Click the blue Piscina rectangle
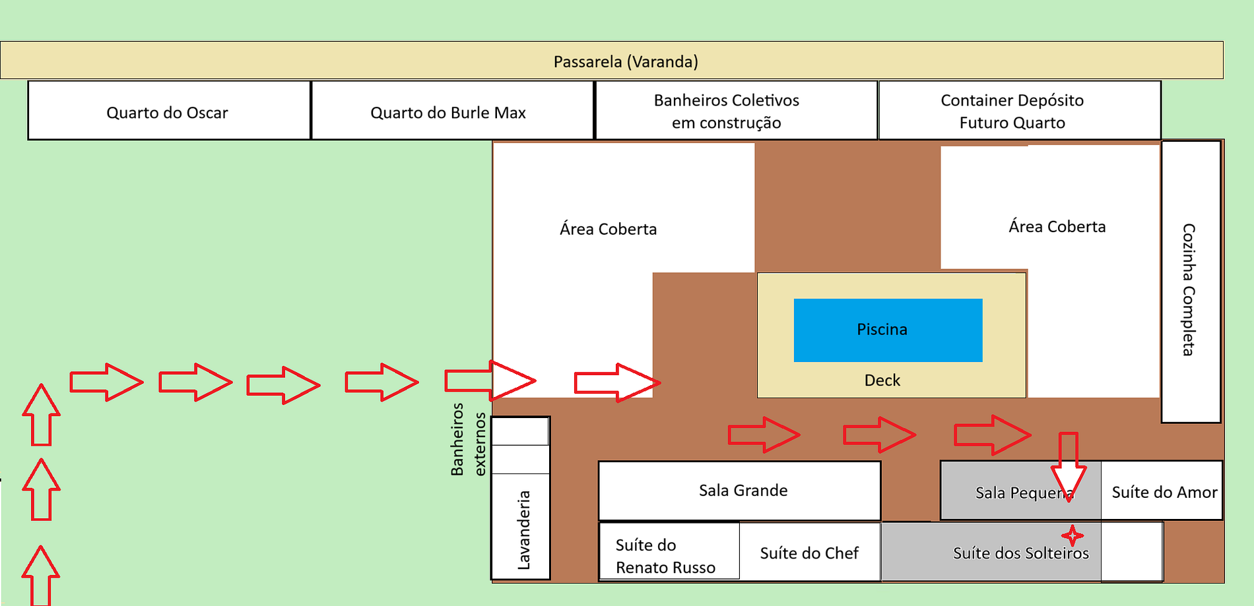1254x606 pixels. [888, 330]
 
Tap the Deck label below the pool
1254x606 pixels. [882, 380]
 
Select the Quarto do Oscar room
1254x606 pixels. [168, 112]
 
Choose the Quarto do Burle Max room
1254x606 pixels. [449, 112]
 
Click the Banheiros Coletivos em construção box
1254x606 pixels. [727, 111]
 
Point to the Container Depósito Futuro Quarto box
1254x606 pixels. [1012, 111]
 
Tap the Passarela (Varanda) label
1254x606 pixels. [626, 61]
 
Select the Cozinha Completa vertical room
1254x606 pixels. [1190, 290]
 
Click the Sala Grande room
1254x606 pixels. [743, 491]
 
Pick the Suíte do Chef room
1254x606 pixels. [809, 553]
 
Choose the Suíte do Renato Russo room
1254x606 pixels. [667, 556]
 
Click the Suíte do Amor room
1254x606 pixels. [1164, 492]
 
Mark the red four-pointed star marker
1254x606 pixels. [1072, 535]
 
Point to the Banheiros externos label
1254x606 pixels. [468, 439]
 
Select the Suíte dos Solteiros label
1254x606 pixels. [1020, 553]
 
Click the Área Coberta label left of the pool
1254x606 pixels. [608, 229]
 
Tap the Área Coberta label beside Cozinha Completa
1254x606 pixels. [1057, 226]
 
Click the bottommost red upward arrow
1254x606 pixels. [41, 576]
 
